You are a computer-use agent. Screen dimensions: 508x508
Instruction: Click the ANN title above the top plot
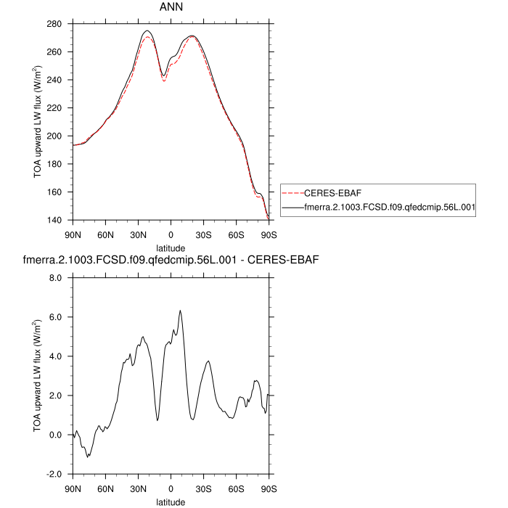click(x=171, y=8)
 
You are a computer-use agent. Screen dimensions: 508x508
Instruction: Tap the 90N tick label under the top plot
click(x=73, y=235)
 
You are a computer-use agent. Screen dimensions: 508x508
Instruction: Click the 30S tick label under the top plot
click(x=204, y=235)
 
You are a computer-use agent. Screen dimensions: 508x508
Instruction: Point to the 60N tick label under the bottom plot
click(x=106, y=489)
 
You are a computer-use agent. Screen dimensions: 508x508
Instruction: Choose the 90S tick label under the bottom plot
click(x=269, y=489)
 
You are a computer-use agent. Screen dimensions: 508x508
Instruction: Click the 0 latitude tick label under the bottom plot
click(x=171, y=489)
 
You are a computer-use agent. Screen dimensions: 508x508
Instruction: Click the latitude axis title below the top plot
click(x=171, y=248)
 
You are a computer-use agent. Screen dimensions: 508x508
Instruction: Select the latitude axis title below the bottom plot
click(x=171, y=501)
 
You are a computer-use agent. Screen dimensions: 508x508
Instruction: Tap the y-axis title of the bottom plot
click(x=38, y=376)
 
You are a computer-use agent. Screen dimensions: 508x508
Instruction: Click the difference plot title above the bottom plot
click(x=171, y=259)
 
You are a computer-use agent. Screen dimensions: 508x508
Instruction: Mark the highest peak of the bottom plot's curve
click(x=180, y=311)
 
